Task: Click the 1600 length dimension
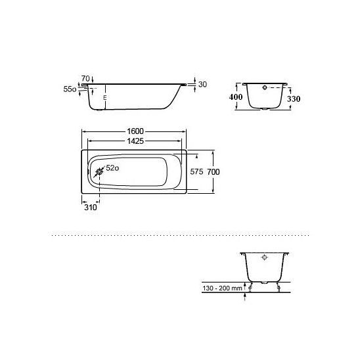(135, 131)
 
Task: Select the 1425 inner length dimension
(135, 141)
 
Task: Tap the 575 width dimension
(196, 171)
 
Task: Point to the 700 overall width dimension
(214, 171)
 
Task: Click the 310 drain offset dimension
(91, 208)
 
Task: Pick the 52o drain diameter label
(112, 168)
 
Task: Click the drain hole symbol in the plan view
(99, 171)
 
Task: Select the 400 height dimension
(236, 97)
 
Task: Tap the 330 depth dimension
(294, 99)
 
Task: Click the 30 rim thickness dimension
(202, 85)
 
